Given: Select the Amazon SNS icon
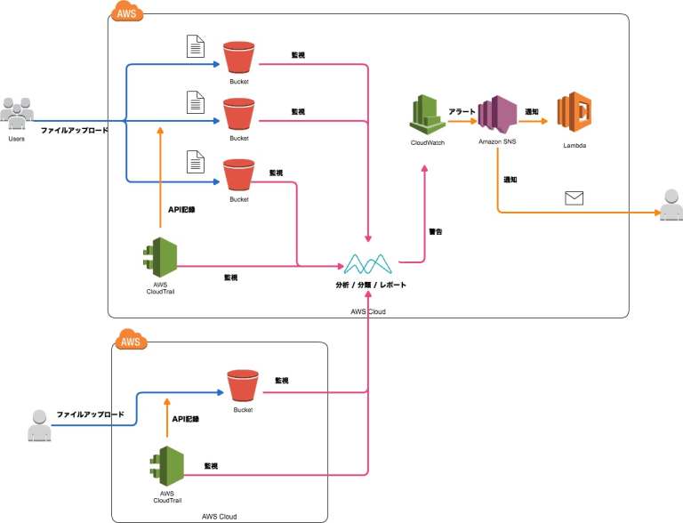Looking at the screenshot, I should (x=497, y=115).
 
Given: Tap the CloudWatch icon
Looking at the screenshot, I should (x=427, y=116).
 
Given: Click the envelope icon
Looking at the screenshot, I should (x=575, y=197).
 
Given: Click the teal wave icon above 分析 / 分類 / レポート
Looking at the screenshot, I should (x=368, y=263).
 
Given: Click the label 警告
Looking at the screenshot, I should (x=436, y=231).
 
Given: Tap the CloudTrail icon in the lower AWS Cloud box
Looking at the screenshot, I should (x=166, y=464).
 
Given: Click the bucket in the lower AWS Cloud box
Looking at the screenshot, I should (x=242, y=386).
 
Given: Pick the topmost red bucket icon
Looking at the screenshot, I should (x=238, y=58).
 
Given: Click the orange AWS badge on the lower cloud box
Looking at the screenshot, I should (x=131, y=341).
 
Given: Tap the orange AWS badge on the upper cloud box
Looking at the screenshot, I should (x=125, y=12).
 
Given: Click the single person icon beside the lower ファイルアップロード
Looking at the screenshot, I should (x=38, y=425).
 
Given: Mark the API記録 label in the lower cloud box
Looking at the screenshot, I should (x=185, y=418).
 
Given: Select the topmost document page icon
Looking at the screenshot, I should (x=195, y=46).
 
